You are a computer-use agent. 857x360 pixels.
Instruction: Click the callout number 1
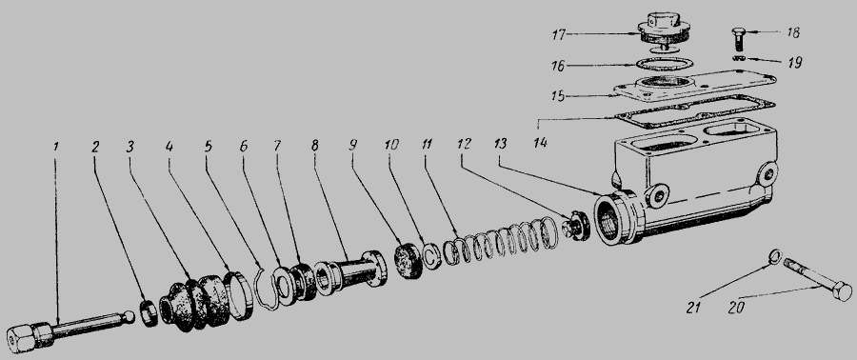[56, 147]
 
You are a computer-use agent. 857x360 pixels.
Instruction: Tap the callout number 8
[314, 146]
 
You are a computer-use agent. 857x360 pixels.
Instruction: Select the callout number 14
[541, 143]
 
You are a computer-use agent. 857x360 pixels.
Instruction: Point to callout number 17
[558, 34]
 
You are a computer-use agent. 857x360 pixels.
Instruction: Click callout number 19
[794, 63]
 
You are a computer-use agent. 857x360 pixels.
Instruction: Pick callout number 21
[693, 309]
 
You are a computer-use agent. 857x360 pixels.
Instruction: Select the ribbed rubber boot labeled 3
[194, 303]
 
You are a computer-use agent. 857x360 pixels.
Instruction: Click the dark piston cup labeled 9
[409, 261]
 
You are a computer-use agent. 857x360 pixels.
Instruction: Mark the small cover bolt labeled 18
[738, 39]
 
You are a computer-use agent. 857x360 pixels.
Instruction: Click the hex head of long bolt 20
[841, 291]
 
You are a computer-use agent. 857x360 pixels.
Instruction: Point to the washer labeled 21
[775, 256]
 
